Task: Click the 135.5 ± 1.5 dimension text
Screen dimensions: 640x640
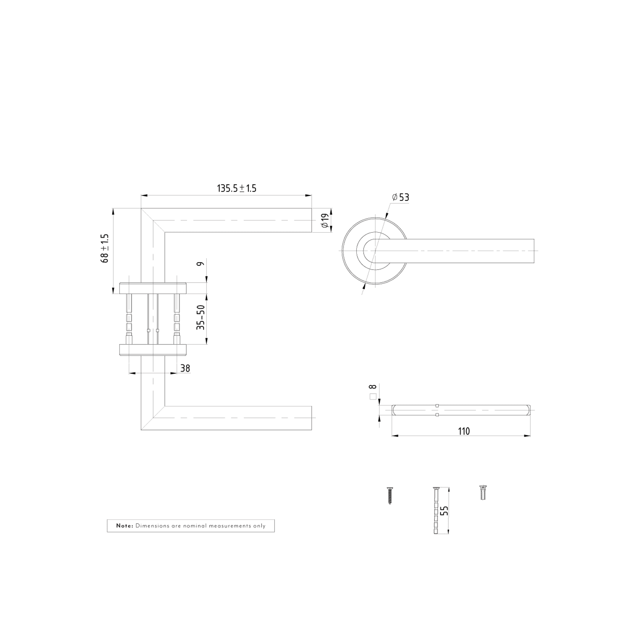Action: tap(236, 188)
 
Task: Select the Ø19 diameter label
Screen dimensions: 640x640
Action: tap(325, 221)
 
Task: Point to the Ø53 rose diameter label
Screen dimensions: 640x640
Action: tap(401, 197)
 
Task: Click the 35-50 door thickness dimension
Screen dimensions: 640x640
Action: tap(201, 318)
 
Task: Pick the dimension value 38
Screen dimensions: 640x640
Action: tap(185, 368)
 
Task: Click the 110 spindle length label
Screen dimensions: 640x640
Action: tap(464, 432)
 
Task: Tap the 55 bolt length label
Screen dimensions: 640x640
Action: tap(444, 511)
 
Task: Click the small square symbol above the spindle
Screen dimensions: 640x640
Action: tap(373, 397)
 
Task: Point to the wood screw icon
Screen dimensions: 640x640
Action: tap(390, 495)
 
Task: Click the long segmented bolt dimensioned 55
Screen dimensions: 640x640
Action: tap(436, 510)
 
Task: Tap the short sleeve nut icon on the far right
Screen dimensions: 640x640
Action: tap(483, 493)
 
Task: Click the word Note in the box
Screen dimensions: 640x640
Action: tap(124, 526)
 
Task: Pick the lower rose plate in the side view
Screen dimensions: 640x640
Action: tap(153, 349)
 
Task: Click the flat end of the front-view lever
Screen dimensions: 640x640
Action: tap(533, 251)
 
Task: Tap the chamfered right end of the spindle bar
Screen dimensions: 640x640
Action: tap(528, 410)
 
